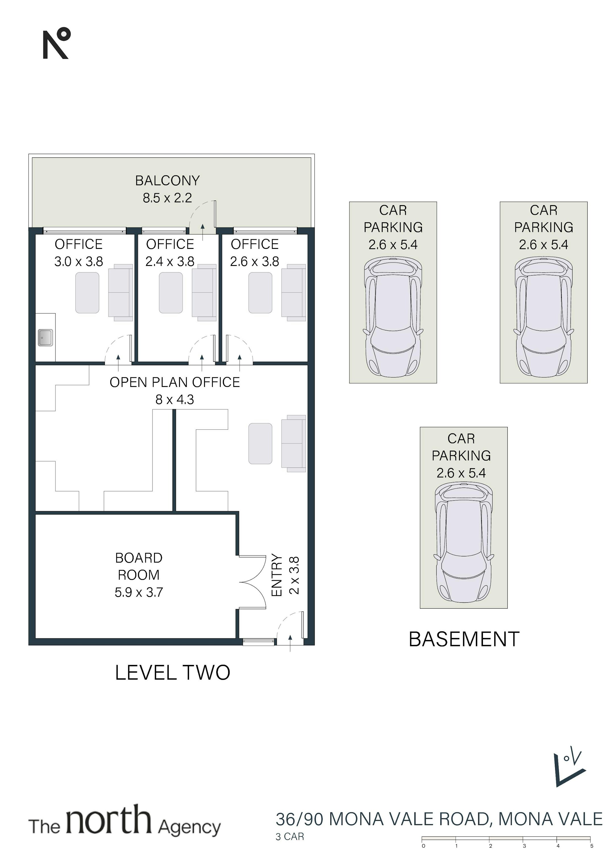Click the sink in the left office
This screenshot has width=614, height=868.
tap(45, 338)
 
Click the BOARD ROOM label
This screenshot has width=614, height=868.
tap(139, 566)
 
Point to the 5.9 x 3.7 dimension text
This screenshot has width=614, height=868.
tap(139, 592)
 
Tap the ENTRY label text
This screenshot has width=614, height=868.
tap(277, 575)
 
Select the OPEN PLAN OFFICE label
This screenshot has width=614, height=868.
tap(175, 382)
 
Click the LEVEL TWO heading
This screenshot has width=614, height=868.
tap(173, 673)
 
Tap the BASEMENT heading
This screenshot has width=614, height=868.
tap(464, 639)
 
